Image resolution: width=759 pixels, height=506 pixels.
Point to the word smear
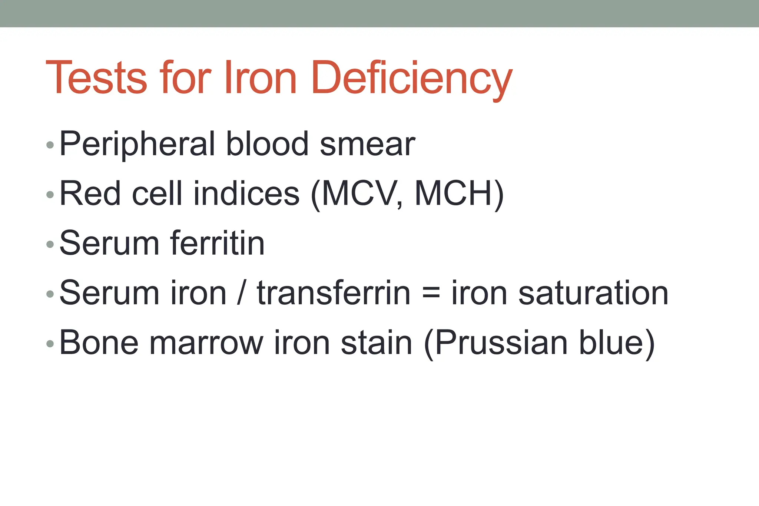coord(367,145)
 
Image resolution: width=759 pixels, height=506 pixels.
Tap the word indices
coord(246,194)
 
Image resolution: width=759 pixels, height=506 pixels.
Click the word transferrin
coord(334,293)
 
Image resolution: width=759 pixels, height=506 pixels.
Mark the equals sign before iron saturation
coord(431,293)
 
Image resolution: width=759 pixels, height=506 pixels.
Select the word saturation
coord(593,293)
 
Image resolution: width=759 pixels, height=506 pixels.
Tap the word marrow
coord(206,343)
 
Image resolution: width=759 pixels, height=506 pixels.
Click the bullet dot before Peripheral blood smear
coord(50,145)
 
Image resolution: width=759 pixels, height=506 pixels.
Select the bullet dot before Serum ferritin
coord(50,244)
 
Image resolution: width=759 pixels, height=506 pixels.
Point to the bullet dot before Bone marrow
coord(50,344)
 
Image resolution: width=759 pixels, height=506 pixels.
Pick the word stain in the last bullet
coord(377,343)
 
